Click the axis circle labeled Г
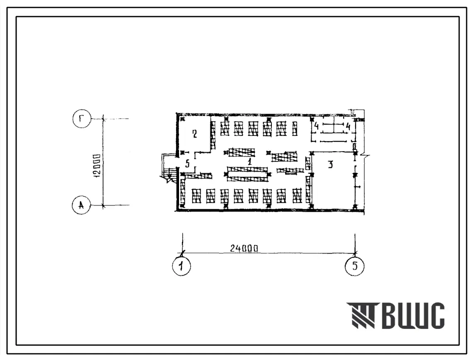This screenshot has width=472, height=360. [82, 118]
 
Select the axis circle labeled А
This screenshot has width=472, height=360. [81, 205]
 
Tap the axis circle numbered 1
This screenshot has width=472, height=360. [181, 266]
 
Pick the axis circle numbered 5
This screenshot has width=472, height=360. [354, 266]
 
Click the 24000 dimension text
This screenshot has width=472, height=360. [244, 248]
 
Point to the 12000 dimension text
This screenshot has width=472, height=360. [97, 167]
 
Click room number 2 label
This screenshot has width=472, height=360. [194, 134]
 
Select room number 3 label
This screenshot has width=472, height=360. [331, 164]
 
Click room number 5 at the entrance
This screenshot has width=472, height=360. [187, 164]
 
